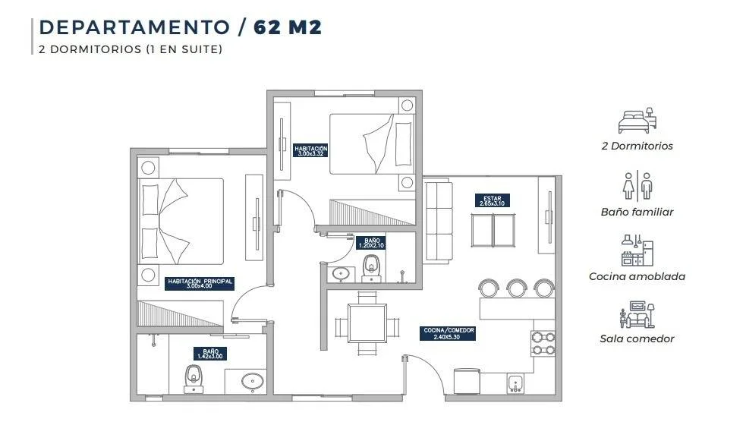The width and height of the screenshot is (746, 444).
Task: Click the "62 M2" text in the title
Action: coord(288,27)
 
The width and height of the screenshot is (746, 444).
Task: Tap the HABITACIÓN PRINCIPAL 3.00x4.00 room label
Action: coord(200,284)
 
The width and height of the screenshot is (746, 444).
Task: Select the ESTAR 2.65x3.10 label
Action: coord(492,201)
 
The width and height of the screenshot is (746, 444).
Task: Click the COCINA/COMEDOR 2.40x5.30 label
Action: coord(448,333)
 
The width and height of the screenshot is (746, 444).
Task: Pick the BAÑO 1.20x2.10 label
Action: coord(372,243)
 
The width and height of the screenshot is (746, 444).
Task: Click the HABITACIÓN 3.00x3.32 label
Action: coord(310,151)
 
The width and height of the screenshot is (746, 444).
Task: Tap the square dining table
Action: coord(367,323)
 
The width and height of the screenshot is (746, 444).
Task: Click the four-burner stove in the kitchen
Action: coord(543,344)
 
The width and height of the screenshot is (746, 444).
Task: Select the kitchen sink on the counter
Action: coord(515,383)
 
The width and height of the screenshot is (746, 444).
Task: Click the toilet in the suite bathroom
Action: coord(194,379)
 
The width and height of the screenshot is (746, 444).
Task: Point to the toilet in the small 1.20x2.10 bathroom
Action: coord(371,268)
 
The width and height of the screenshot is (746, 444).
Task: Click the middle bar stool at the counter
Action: coord(516,288)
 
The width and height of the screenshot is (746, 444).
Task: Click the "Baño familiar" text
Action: coord(637,212)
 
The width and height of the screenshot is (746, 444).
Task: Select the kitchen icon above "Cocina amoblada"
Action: coord(637,250)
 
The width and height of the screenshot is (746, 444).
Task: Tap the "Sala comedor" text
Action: coord(637,339)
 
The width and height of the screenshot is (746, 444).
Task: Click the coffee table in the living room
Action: coord(493,230)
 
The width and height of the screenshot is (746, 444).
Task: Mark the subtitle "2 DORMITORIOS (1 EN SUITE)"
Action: coord(131,49)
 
